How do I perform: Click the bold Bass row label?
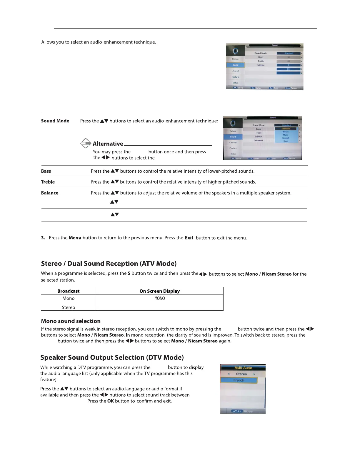[46, 171]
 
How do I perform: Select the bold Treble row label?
[48, 182]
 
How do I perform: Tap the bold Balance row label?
[49, 193]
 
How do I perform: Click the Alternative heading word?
[108, 144]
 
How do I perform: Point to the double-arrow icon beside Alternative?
[86, 143]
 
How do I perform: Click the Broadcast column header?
[68, 291]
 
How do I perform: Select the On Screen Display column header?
[159, 291]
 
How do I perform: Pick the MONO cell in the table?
[160, 298]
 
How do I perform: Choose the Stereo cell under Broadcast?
[68, 307]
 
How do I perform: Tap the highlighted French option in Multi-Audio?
[239, 380]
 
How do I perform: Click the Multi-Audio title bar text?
[243, 368]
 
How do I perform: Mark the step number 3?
[43, 238]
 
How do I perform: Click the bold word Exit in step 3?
[189, 238]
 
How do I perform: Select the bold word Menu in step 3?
[75, 238]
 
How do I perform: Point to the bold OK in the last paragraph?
[111, 401]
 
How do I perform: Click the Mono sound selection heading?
[71, 321]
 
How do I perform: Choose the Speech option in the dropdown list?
[286, 138]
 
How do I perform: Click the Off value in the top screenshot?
[289, 69]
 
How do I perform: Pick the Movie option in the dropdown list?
[286, 132]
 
